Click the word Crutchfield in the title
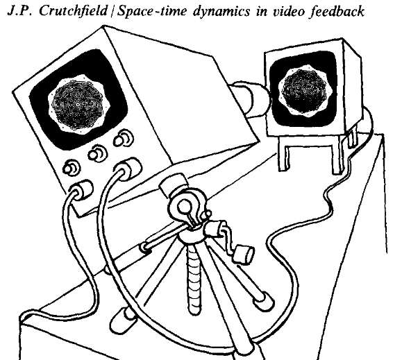73,11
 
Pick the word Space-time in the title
152,12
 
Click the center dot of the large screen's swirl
78,104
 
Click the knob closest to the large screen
124,139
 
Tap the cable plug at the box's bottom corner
81,189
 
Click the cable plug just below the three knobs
128,168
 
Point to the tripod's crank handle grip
243,254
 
